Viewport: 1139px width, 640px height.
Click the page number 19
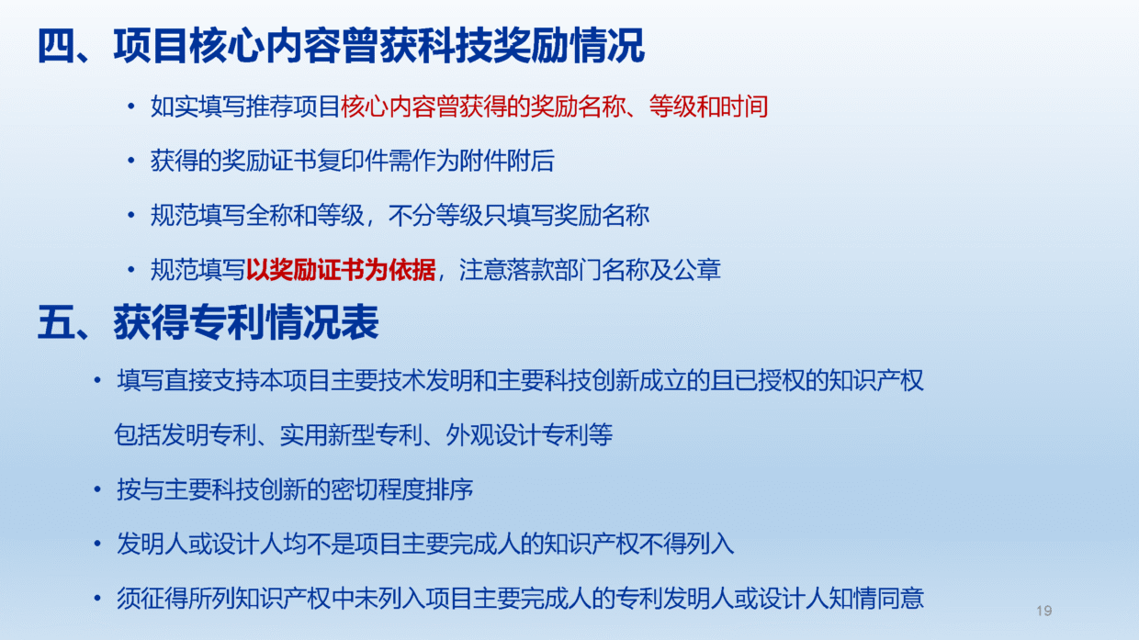[1043, 611]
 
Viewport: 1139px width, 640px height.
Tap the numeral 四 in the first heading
[56, 46]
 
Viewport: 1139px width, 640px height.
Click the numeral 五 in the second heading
[56, 322]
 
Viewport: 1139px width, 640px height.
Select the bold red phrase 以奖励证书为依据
[341, 269]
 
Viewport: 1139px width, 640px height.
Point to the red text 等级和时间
[708, 107]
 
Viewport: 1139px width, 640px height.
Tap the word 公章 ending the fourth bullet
[697, 269]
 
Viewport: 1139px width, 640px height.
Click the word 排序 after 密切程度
[450, 489]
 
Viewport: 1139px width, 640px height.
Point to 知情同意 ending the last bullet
[876, 599]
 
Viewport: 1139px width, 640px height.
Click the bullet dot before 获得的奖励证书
[131, 161]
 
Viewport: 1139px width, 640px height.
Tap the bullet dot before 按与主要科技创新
[97, 489]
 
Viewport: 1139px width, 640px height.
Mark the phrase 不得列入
[686, 544]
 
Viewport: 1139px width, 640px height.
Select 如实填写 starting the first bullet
[198, 107]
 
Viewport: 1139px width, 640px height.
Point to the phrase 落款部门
[554, 269]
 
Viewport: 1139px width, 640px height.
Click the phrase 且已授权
[758, 380]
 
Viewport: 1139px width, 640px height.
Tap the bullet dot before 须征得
[97, 599]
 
